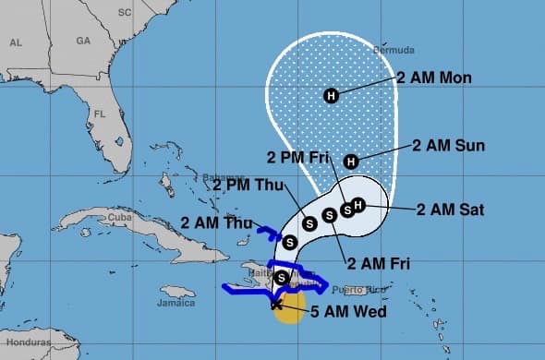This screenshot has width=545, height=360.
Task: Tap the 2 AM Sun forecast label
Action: [448, 146]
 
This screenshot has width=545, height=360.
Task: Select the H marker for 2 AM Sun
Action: [350, 162]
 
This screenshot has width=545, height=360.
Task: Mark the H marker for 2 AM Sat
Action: [358, 204]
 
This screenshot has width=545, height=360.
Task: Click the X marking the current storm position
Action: [276, 304]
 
